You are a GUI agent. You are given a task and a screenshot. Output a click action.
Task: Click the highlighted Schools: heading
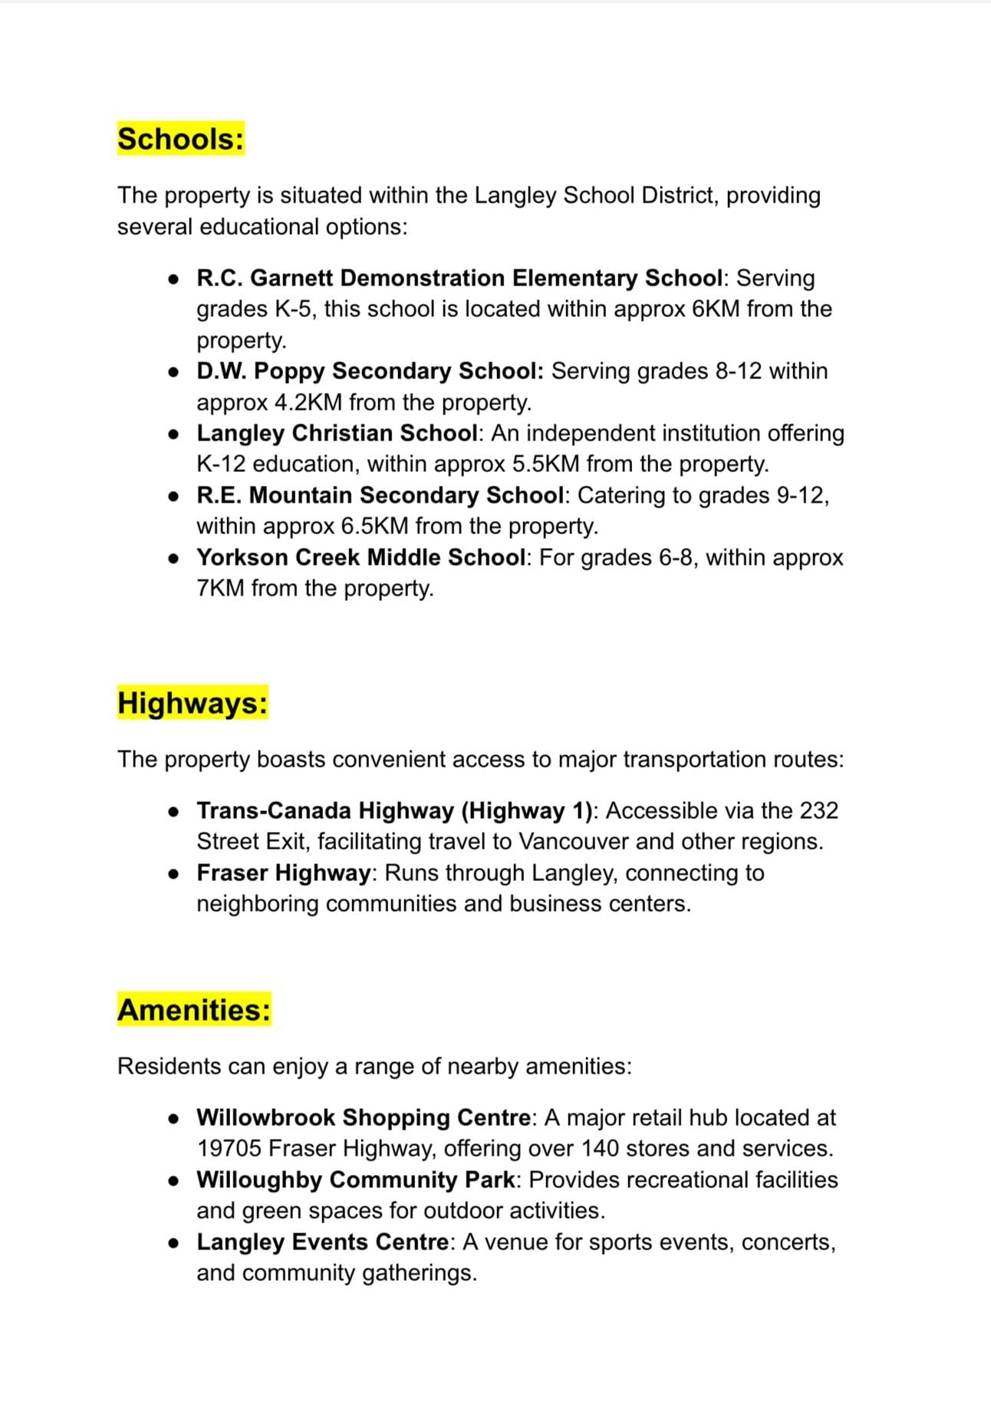pos(180,139)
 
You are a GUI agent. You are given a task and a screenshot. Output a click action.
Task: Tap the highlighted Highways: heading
pos(193,703)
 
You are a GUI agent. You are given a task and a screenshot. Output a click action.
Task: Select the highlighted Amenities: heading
pos(194,1010)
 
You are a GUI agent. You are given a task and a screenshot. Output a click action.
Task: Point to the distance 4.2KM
pos(308,402)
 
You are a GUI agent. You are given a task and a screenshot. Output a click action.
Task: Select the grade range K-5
pos(291,309)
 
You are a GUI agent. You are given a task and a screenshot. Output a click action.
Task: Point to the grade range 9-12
pos(799,496)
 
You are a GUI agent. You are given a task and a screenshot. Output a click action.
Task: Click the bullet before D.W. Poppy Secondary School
pos(175,372)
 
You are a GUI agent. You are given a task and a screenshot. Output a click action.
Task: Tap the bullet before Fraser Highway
pos(175,874)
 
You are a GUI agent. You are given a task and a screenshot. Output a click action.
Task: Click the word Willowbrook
pos(265,1117)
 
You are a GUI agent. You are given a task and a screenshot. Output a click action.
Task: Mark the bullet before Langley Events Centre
pos(175,1243)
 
